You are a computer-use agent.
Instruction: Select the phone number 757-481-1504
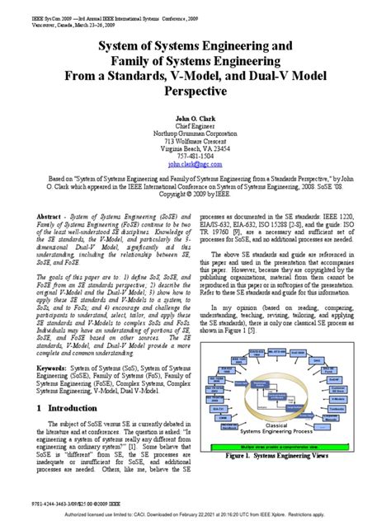[x=195, y=155]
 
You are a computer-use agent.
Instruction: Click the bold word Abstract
[x=43, y=213]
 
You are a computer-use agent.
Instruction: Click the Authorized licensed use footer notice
[x=195, y=513]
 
